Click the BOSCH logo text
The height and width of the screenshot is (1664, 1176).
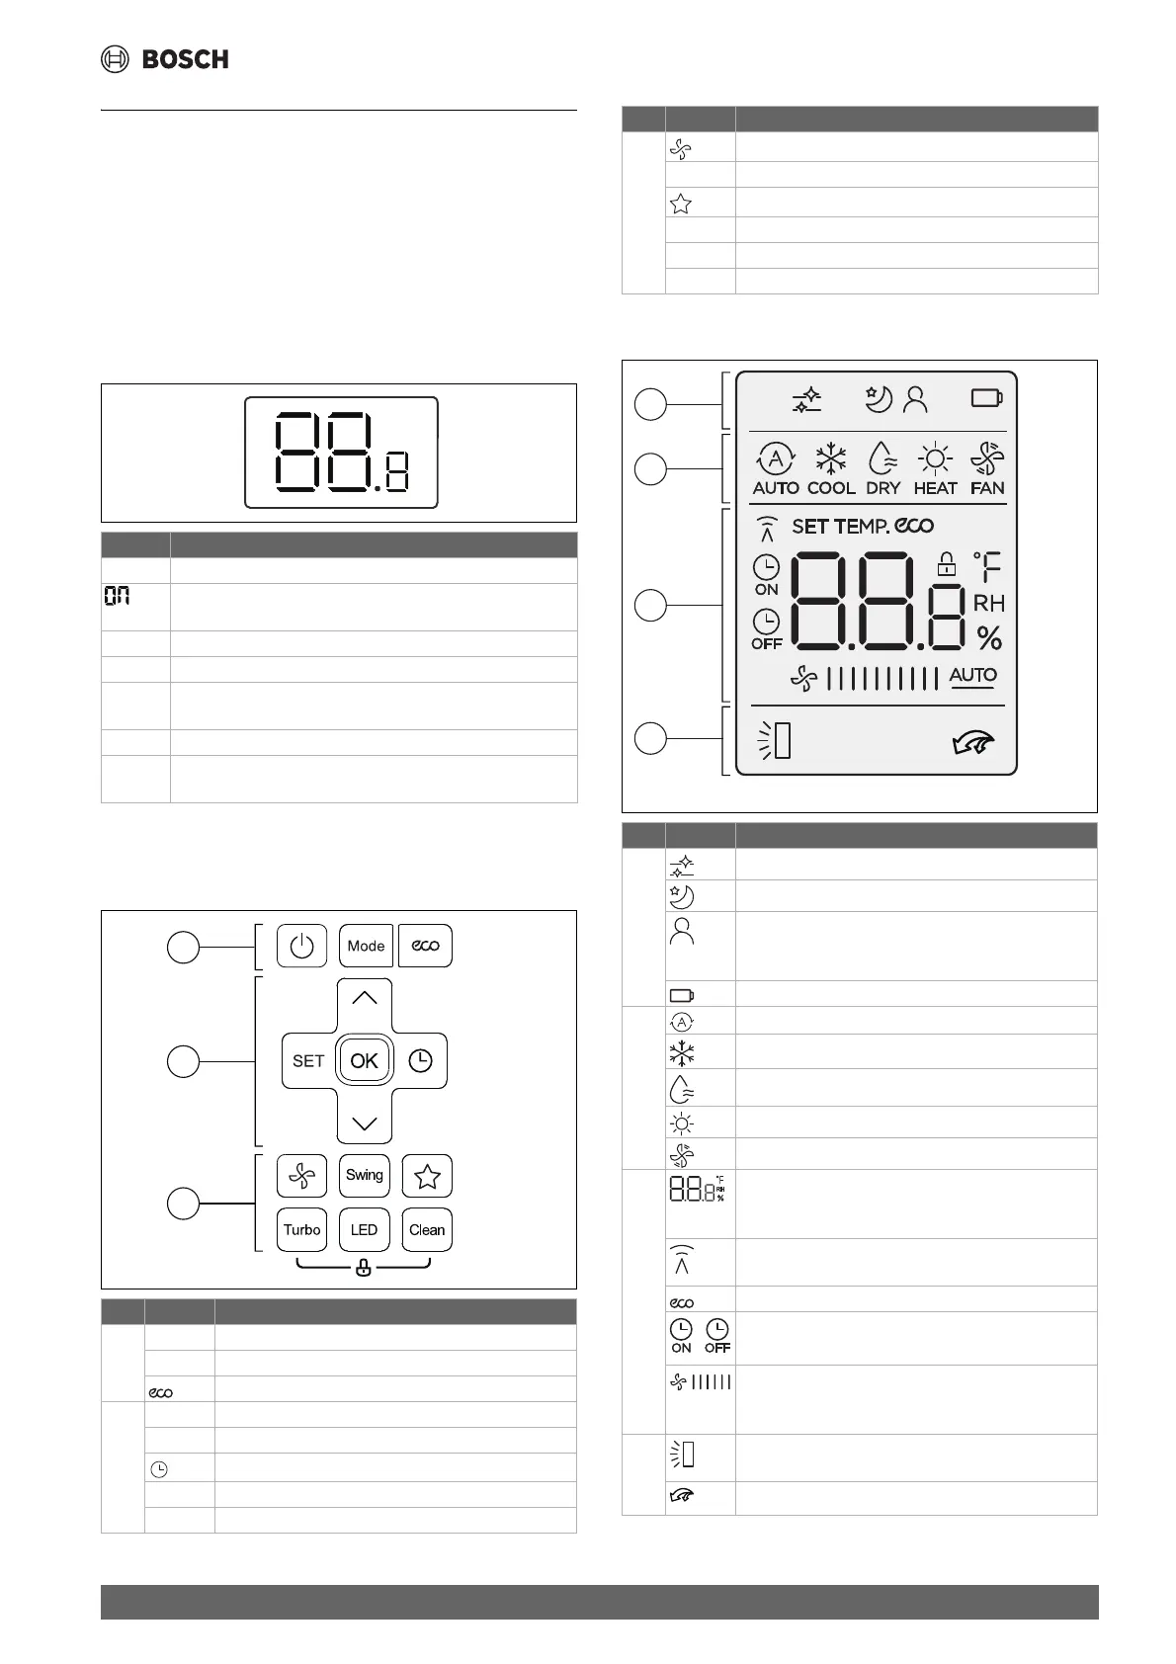click(x=185, y=59)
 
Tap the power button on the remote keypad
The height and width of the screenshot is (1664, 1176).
click(x=301, y=946)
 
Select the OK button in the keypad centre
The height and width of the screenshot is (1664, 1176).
click(x=364, y=1060)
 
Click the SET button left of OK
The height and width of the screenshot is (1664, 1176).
click(x=308, y=1060)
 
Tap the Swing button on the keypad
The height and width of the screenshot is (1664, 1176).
click(x=364, y=1175)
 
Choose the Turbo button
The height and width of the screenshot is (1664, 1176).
click(x=301, y=1230)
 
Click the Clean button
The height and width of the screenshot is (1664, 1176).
click(x=426, y=1230)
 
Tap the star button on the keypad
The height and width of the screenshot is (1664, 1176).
click(x=427, y=1176)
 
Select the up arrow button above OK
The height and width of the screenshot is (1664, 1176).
click(x=364, y=999)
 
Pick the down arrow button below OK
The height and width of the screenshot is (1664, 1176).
click(x=364, y=1123)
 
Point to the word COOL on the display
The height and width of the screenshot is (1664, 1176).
click(x=831, y=488)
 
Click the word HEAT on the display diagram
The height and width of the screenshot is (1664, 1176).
click(x=935, y=488)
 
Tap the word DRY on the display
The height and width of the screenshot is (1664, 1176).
click(x=882, y=488)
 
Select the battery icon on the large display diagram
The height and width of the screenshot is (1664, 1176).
click(x=986, y=398)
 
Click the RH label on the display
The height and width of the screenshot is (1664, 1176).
click(x=988, y=603)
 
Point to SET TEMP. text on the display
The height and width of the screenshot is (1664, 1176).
click(x=840, y=527)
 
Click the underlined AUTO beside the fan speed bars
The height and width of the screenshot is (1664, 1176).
click(x=972, y=676)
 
